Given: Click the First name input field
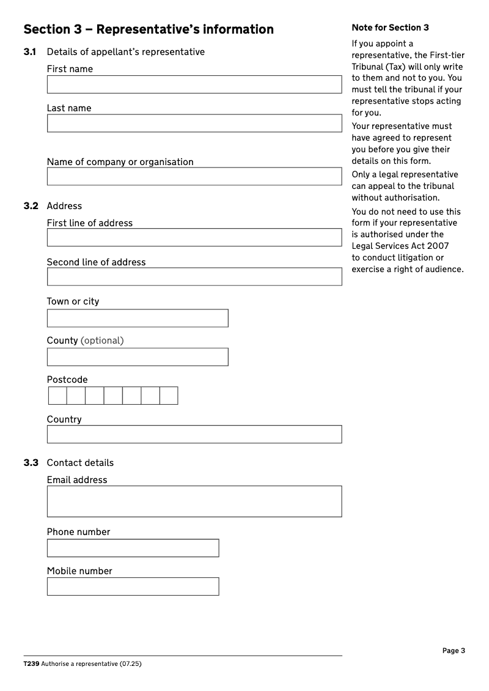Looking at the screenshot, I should [x=194, y=84].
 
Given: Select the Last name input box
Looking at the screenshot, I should [x=194, y=124].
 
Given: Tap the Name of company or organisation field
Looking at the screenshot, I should [x=194, y=177].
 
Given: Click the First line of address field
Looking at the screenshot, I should [x=194, y=238].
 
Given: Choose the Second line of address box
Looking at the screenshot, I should [x=194, y=277].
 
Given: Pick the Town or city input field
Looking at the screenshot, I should [x=138, y=319].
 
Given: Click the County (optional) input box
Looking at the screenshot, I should [x=138, y=357].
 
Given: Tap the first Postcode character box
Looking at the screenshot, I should [x=57, y=396].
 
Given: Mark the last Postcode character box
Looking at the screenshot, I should [x=169, y=396].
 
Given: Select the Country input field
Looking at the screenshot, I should [x=194, y=434].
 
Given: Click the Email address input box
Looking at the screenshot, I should [x=194, y=501].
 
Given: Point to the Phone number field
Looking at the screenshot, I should [x=133, y=548].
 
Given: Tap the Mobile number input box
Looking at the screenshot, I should [x=133, y=586].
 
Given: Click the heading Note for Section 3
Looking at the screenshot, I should [x=390, y=28].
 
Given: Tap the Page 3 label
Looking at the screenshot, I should [x=454, y=651].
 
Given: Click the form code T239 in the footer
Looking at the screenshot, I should [x=32, y=663].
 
